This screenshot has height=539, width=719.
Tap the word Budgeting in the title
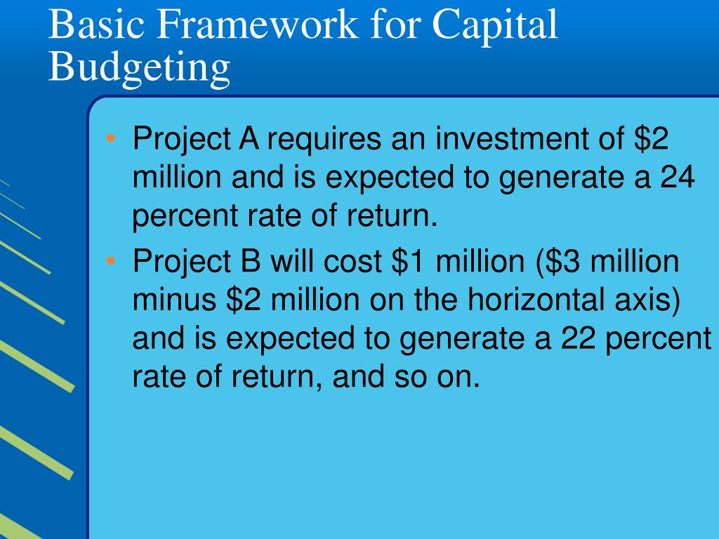[139, 68]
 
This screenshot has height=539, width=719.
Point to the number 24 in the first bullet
[676, 178]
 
